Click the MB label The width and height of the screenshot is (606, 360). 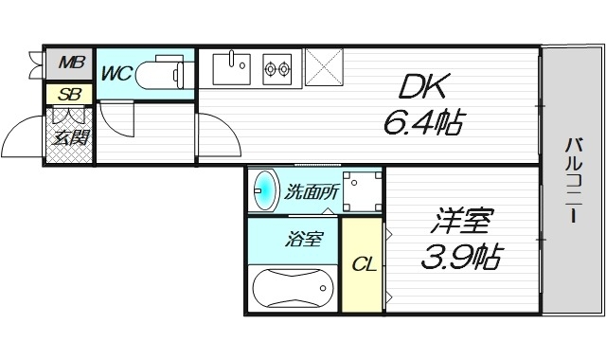pyautogui.click(x=70, y=64)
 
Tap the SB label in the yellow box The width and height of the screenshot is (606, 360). pyautogui.click(x=68, y=94)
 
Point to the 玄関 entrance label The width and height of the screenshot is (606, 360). pyautogui.click(x=69, y=138)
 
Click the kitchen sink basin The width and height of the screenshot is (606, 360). pyautogui.click(x=230, y=66)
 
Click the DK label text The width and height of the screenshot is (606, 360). pyautogui.click(x=419, y=88)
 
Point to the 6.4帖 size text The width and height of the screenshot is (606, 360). pyautogui.click(x=423, y=122)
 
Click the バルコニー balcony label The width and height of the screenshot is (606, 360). pyautogui.click(x=574, y=181)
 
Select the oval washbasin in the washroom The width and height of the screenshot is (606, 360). pyautogui.click(x=265, y=190)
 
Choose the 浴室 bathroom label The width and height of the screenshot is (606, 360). pyautogui.click(x=304, y=239)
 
